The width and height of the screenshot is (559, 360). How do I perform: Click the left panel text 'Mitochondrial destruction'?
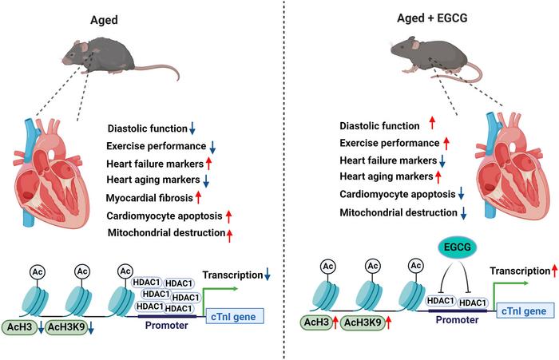tap(165, 233)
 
